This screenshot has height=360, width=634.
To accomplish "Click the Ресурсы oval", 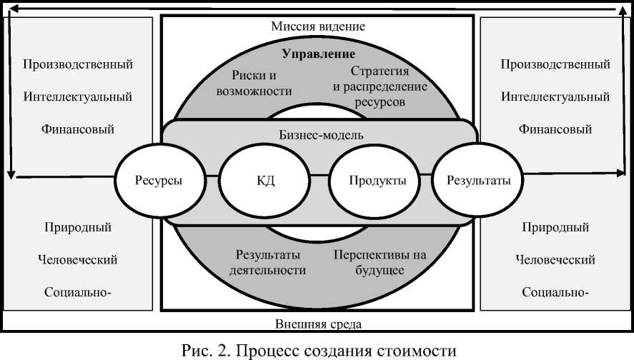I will tap(159, 180).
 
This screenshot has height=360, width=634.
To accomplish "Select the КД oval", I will tap(265, 180).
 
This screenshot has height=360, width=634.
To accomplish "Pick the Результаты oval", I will tap(478, 180).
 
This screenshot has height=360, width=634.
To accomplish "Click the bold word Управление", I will tap(319, 54).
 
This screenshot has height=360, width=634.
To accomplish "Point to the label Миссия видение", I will tap(319, 26).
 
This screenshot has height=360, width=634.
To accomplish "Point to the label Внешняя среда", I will tap(319, 324).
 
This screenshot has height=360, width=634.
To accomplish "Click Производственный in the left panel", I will tap(78, 64).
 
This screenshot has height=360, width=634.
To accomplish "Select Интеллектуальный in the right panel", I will tap(555, 96).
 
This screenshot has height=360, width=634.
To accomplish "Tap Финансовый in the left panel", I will tap(78, 129).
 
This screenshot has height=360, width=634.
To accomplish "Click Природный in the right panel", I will tap(555, 228).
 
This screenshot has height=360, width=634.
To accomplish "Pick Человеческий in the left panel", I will tap(78, 259).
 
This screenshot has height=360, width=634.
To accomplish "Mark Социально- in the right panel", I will tap(555, 292).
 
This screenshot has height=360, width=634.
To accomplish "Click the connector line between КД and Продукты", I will tap(320, 176).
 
